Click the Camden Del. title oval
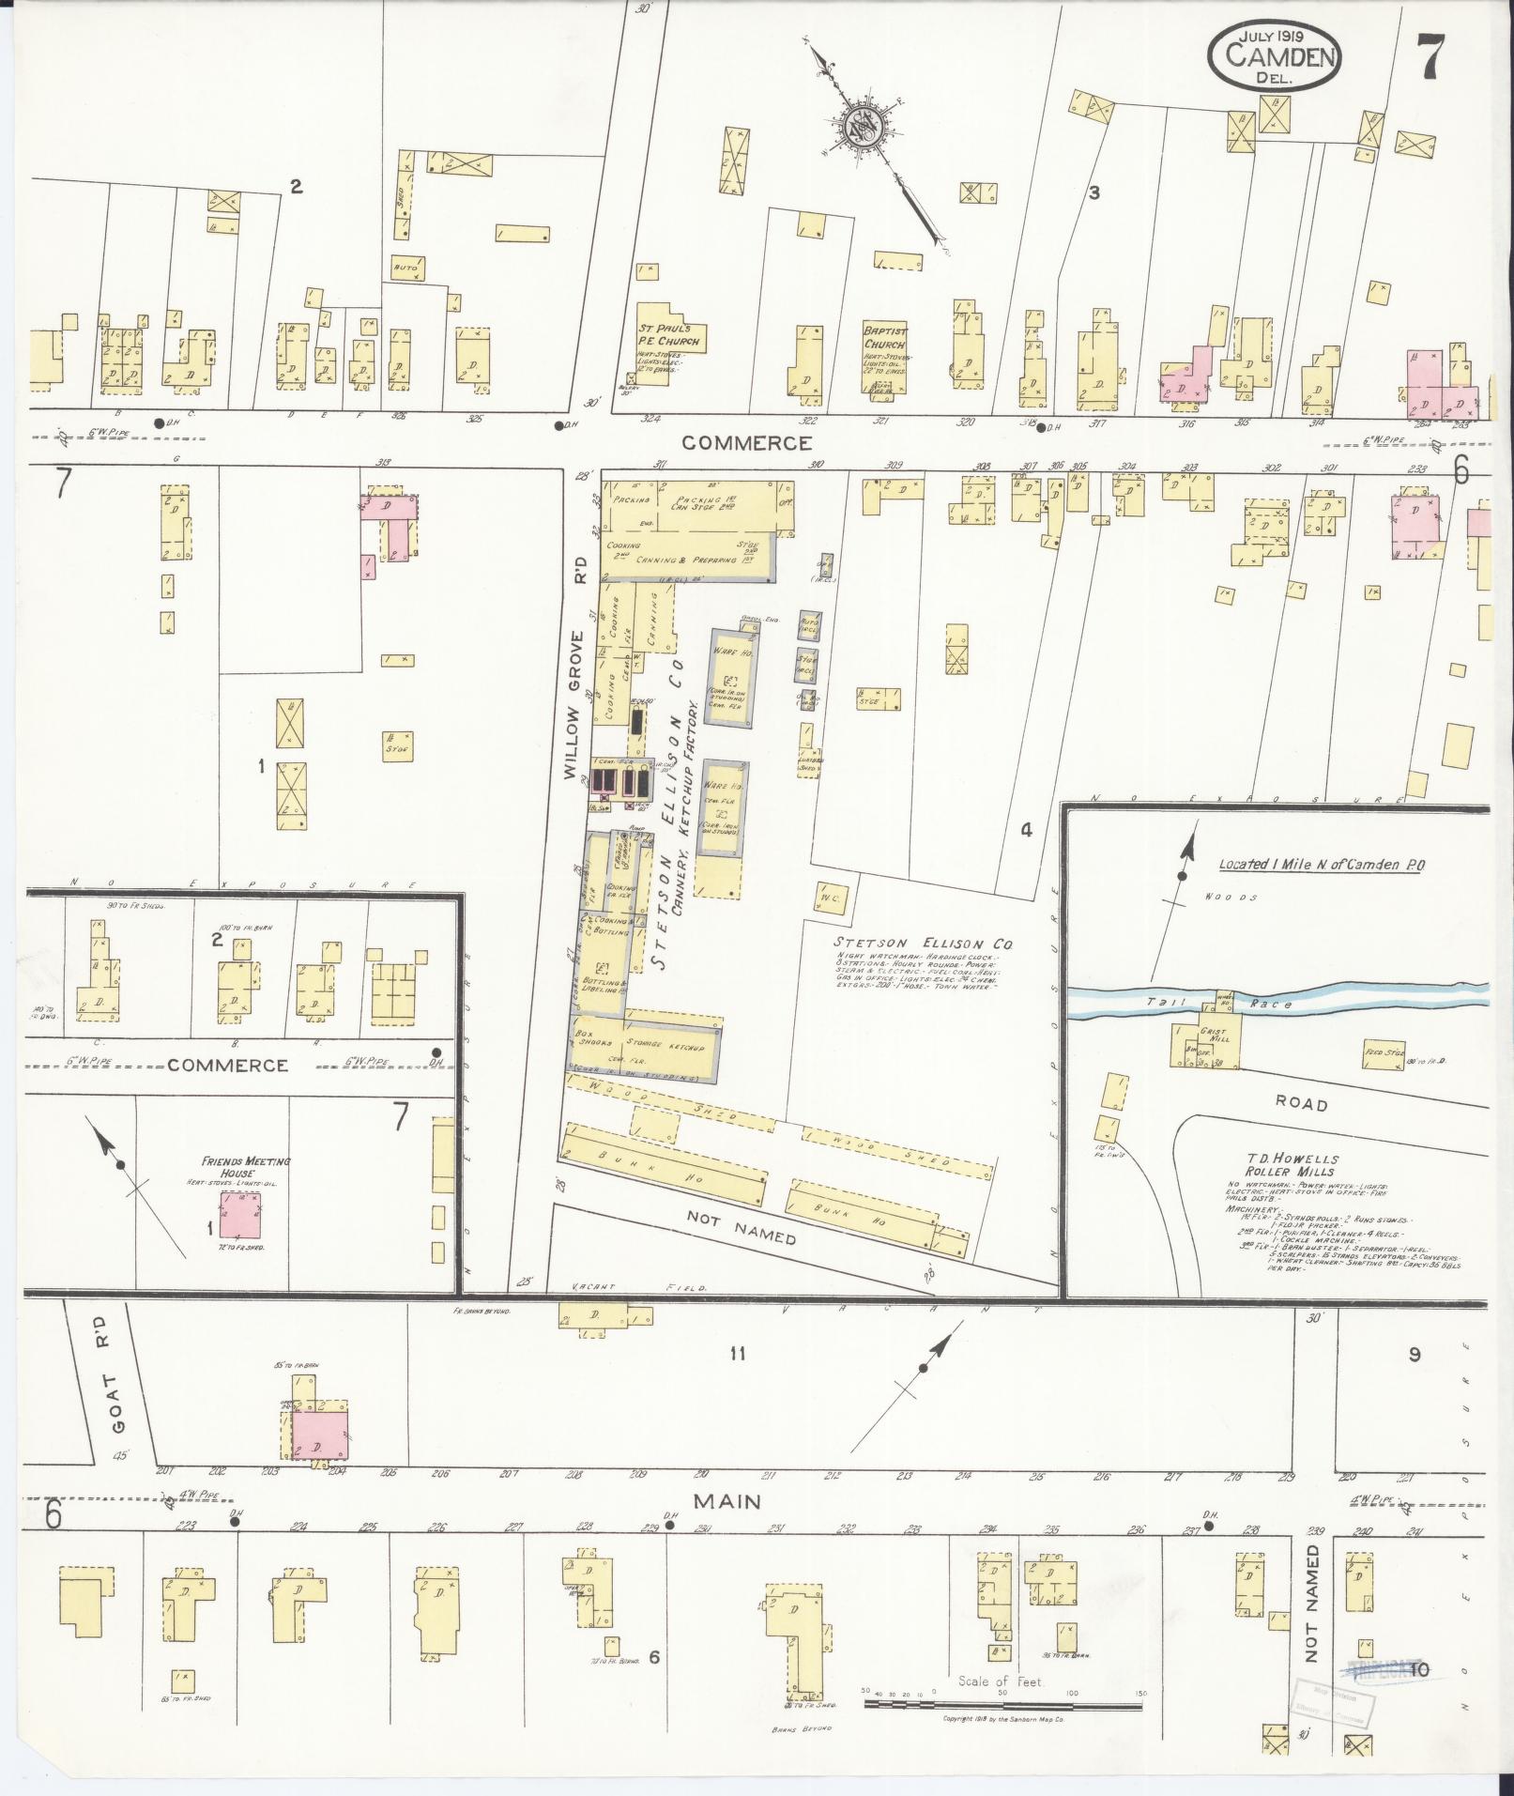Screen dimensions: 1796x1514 pos(1274,56)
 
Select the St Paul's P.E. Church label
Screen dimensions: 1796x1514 pos(670,335)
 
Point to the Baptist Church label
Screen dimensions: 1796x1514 pos(884,337)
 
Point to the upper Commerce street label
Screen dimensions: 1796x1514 pos(746,443)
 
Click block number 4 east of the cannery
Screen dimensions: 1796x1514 pos(1026,830)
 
